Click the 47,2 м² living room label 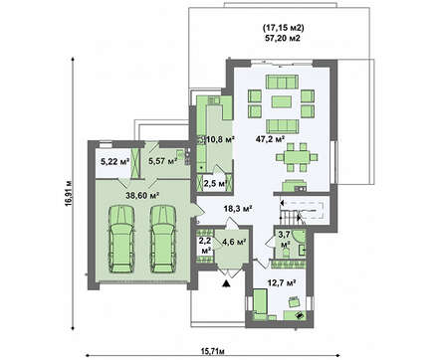pos(271,139)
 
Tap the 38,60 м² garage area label pos(142,195)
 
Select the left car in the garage pos(121,239)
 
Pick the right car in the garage pos(163,239)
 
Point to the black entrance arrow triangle pos(226,283)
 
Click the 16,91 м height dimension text pos(69,194)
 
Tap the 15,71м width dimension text pos(213,351)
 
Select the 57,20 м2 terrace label pos(283,38)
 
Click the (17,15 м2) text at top pos(283,28)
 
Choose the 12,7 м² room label pos(282,282)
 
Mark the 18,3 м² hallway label pos(238,209)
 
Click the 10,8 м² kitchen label pos(221,139)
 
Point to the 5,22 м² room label pos(114,162)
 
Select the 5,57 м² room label pos(162,161)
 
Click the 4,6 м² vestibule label pos(234,242)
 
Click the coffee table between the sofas pos(282,101)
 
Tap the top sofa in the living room pos(282,82)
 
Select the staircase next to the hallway pos(302,212)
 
